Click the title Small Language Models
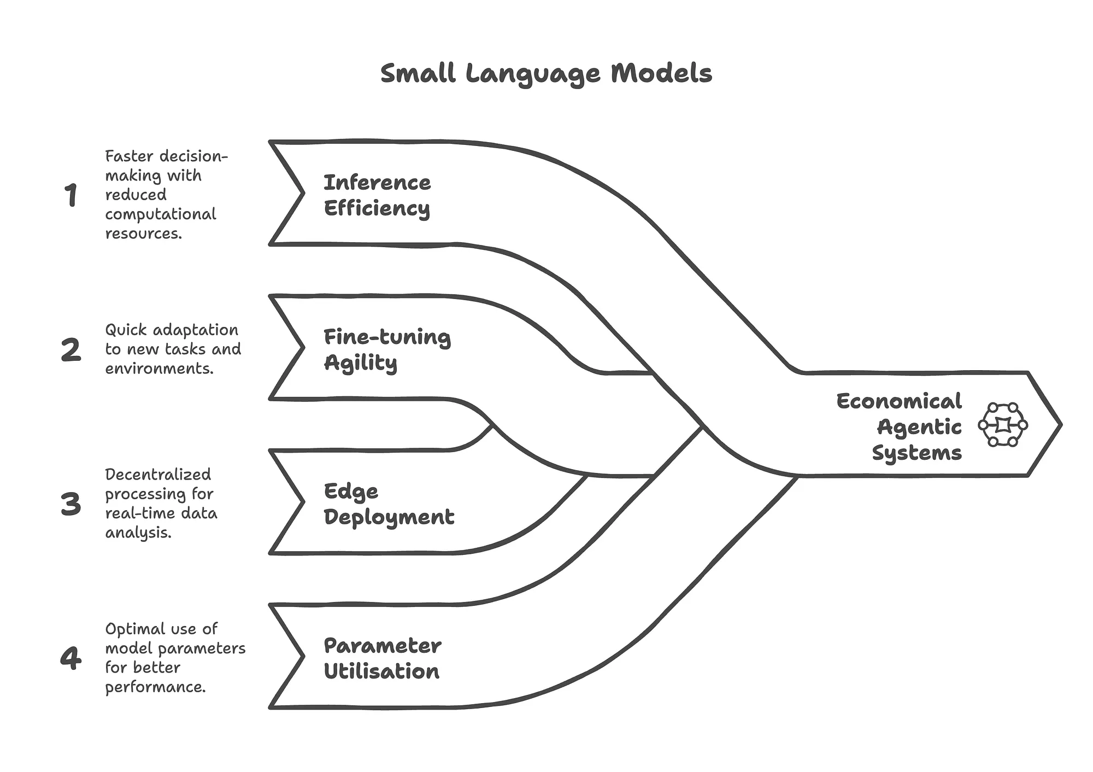546,73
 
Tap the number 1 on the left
71,195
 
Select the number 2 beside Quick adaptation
71,350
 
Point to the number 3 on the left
71,504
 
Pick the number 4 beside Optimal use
71,658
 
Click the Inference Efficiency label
377,196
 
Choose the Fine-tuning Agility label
387,350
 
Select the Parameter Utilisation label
383,658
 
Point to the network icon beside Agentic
1003,425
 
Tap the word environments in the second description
159,369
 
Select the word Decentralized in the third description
158,475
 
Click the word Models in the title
661,73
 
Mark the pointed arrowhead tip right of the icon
1061,424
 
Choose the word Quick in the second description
127,330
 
